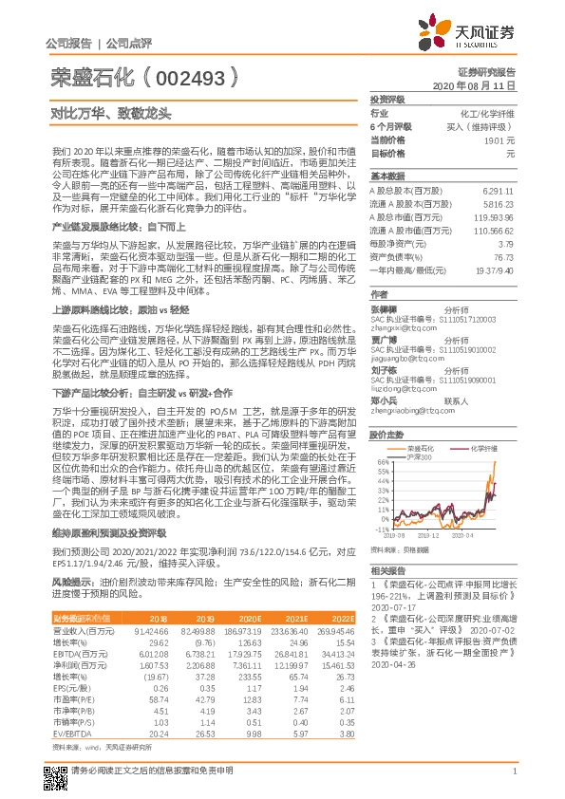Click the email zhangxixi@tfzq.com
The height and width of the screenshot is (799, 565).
point(397,327)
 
